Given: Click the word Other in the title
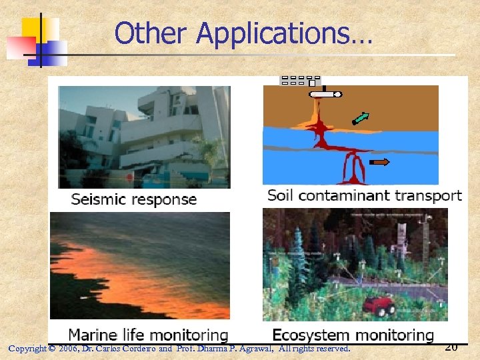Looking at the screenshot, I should pos(153,33).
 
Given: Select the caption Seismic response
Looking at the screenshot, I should pos(134,199).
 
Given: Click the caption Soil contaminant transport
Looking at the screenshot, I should pos(364,195).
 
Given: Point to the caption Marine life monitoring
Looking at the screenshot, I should pos(148,335).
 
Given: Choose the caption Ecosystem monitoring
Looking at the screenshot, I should pos(353,335).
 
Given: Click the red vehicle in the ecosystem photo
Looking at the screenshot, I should pos(379,306).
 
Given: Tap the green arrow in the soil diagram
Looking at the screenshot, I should pos(360,118).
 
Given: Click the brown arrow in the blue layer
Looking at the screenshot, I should pos(380,161).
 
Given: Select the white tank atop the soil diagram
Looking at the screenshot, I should pos(325,95).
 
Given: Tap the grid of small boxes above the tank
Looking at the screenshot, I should pos(299,81).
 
